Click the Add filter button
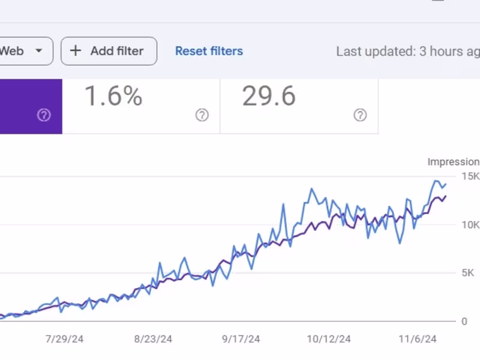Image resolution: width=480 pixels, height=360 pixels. [109, 51]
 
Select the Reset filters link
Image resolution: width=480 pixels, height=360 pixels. [209, 51]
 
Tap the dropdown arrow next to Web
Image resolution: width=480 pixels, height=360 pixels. [39, 51]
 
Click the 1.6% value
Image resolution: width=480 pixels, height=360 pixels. [113, 96]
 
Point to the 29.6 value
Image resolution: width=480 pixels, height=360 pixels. [269, 96]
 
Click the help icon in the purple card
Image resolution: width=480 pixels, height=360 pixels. [44, 115]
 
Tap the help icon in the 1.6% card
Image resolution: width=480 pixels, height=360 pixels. [202, 115]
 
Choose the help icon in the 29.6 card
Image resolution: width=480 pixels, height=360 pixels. [360, 115]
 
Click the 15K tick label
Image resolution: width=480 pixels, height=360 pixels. [470, 176]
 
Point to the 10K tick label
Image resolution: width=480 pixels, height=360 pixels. [470, 225]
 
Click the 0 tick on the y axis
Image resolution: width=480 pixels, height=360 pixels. [464, 322]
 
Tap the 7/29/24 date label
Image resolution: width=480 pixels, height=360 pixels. [64, 339]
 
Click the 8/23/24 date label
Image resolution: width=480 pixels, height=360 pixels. [153, 339]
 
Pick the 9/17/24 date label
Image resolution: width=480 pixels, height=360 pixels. [241, 339]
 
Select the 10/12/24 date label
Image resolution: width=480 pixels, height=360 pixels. [329, 339]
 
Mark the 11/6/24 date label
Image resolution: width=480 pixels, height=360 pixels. [418, 339]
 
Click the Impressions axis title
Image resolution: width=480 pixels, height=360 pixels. [454, 161]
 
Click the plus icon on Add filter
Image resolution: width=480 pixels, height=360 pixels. [76, 51]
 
